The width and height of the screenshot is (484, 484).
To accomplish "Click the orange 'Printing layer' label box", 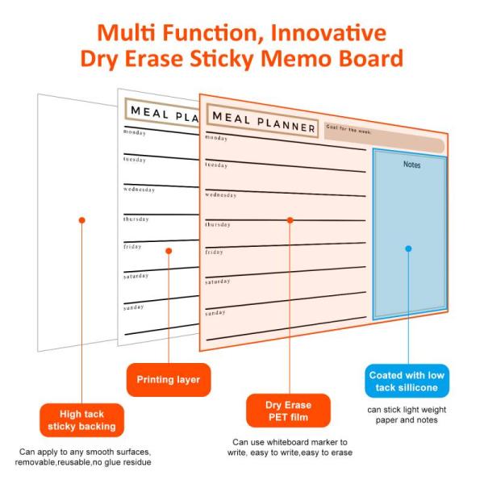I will (168, 379).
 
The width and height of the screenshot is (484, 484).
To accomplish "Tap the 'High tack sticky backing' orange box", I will (81, 419).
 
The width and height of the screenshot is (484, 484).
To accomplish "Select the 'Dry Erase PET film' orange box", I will (288, 410).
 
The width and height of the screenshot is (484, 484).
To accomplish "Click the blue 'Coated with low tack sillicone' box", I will (407, 381).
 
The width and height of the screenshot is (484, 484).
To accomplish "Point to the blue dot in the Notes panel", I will (408, 248).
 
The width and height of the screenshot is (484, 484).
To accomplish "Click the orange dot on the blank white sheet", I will (81, 219).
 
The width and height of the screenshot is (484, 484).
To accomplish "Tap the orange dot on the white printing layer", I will (168, 251).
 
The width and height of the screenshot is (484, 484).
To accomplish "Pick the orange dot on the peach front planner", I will (290, 219).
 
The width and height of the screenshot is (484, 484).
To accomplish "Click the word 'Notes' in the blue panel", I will (412, 165).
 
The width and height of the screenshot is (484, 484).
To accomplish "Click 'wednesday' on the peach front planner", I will (221, 194).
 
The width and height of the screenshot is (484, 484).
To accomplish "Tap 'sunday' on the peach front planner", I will (215, 312).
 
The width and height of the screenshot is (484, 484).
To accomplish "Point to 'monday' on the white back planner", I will (136, 131).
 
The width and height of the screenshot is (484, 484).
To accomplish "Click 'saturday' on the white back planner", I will (136, 276).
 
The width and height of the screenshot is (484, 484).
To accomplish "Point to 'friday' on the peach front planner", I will (214, 252).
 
